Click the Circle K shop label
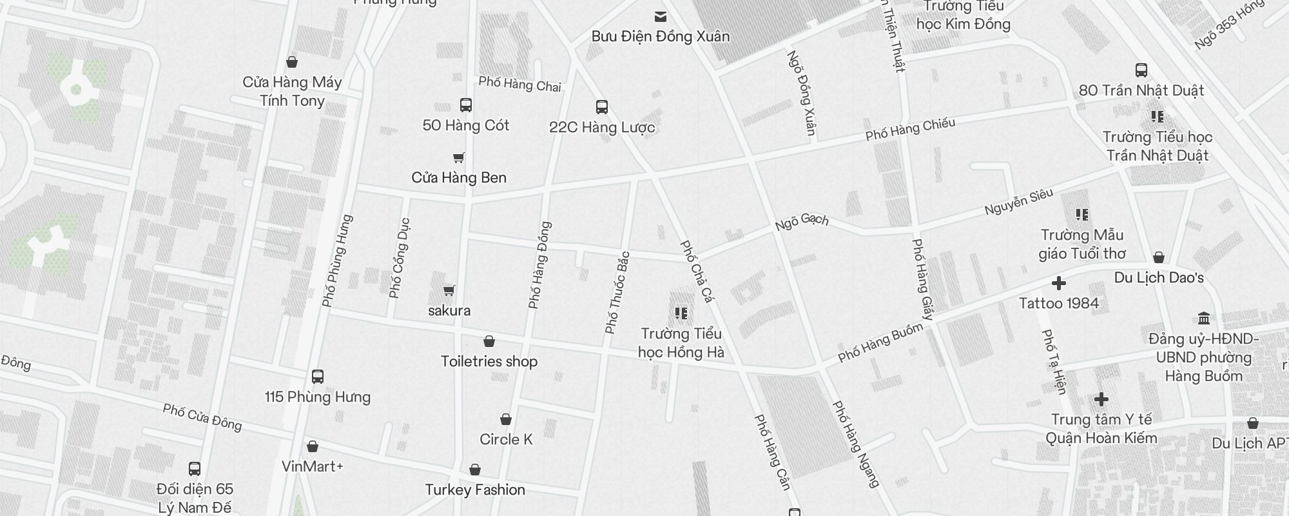506,439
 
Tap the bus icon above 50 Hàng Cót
465,105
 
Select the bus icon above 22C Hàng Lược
601,107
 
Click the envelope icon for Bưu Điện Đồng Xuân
660,17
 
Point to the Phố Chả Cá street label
697,272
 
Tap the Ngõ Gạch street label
801,222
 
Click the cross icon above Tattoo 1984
1058,283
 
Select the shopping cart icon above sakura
449,291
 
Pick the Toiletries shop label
489,361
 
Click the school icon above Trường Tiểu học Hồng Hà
681,313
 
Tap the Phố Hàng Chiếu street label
910,129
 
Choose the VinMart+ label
312,466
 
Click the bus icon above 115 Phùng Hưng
317,377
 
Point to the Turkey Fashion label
475,490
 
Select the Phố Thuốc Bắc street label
617,292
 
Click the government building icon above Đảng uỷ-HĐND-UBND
1203,319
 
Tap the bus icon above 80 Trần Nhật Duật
1141,70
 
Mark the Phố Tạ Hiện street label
1054,361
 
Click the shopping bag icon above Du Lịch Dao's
1158,258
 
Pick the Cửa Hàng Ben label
459,177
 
